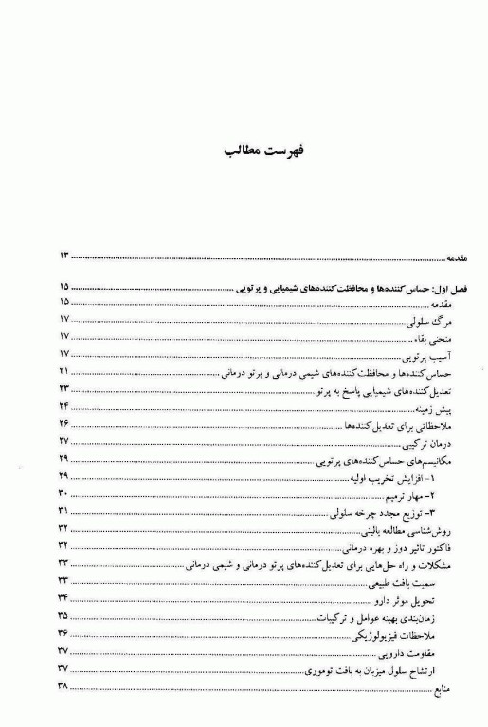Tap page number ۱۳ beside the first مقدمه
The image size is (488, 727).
tap(64, 256)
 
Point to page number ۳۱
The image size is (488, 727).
tap(63, 511)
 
